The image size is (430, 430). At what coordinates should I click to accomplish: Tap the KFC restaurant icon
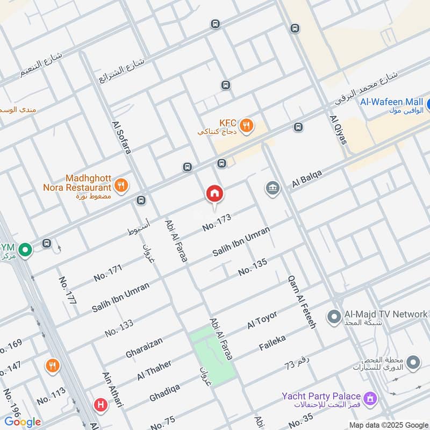[246, 125]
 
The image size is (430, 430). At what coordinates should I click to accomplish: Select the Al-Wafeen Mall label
[391, 102]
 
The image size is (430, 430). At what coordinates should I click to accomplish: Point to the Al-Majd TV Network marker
[334, 315]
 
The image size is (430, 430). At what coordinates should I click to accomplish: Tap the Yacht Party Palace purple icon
[369, 398]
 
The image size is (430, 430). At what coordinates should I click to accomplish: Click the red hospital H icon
[99, 405]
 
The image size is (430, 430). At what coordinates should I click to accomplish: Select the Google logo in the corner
[22, 422]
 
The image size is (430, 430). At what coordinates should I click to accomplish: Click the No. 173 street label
[217, 223]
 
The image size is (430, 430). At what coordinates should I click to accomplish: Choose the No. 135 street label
[252, 267]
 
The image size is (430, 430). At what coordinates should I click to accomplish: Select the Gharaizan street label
[144, 347]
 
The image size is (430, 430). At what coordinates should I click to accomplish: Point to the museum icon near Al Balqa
[273, 189]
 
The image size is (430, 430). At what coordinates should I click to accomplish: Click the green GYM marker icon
[24, 250]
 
